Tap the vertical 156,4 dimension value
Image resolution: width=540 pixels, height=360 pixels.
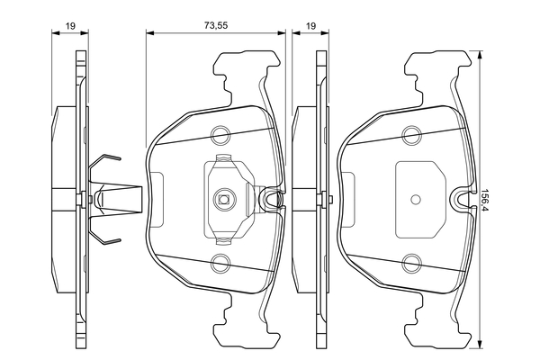pos(487,200)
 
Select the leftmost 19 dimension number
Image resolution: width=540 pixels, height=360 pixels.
pos(69,27)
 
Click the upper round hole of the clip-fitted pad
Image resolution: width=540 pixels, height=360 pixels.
pos(220,136)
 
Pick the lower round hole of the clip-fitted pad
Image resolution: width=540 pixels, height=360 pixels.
pos(220,263)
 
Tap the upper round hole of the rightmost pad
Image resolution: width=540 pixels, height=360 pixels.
pos(412,136)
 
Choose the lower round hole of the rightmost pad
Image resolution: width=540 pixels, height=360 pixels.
pos(412,263)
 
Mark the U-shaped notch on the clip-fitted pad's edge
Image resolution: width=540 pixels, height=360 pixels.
pos(270,200)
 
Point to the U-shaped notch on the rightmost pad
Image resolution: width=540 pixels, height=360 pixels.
pos(462,200)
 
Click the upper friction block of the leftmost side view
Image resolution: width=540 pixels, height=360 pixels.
pos(65,144)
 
